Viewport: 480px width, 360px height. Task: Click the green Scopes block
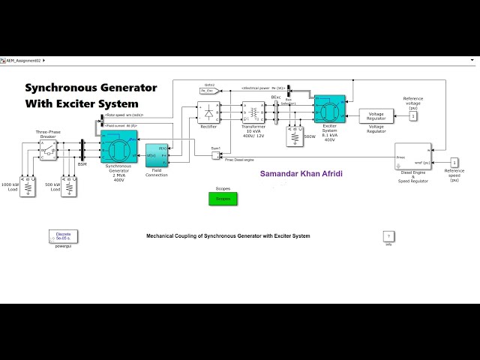coord(223,199)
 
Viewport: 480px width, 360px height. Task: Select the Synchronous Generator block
coord(118,147)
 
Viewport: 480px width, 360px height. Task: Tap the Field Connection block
coord(156,156)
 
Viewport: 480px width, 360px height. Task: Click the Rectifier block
coord(208,112)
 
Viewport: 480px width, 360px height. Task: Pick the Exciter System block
coord(329,109)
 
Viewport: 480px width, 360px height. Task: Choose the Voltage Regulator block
coord(376,116)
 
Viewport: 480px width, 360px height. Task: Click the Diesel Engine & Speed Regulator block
coord(412,157)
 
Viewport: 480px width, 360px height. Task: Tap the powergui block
coord(63,236)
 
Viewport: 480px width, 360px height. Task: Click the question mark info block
coord(388,236)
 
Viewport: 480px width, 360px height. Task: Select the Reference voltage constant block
coord(413,116)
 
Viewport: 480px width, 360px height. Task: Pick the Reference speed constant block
coord(454,163)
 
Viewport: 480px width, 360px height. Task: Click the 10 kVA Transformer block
coord(253,113)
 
